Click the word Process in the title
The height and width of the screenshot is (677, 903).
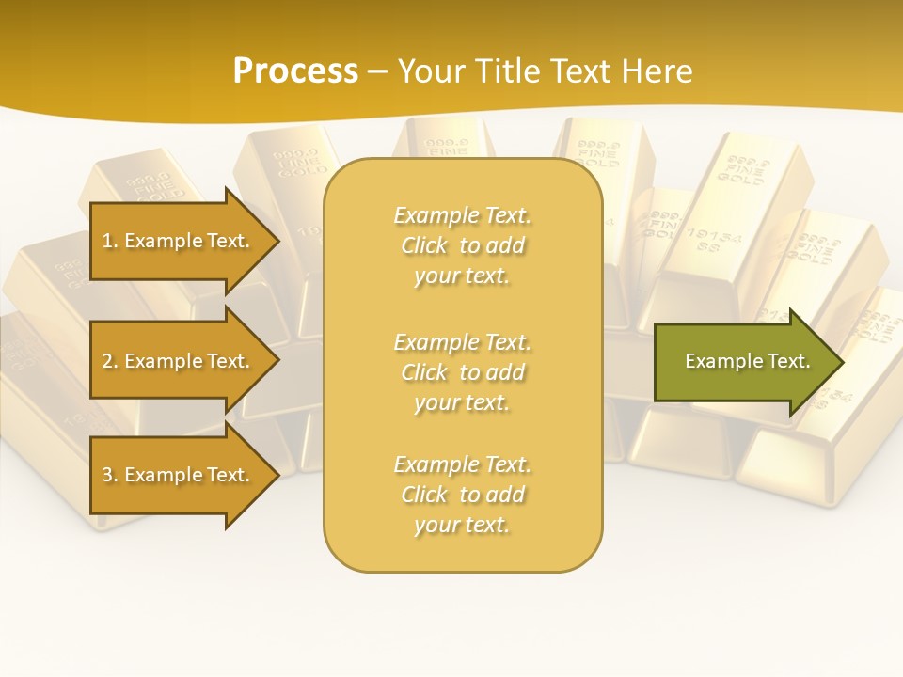click(295, 71)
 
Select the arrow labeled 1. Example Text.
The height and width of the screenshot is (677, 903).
click(179, 241)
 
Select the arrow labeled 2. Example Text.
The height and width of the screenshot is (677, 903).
click(179, 361)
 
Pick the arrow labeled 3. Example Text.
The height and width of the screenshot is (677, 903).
click(179, 475)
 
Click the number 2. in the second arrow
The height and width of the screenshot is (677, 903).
click(109, 361)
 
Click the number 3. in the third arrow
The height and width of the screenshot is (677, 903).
click(109, 475)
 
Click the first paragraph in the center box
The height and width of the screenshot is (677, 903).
click(462, 245)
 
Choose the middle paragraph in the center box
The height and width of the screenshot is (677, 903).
click(462, 372)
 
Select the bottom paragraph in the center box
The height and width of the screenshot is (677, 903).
click(462, 495)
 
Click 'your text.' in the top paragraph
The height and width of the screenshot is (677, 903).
click(462, 276)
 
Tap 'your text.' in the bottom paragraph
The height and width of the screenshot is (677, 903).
click(462, 526)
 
